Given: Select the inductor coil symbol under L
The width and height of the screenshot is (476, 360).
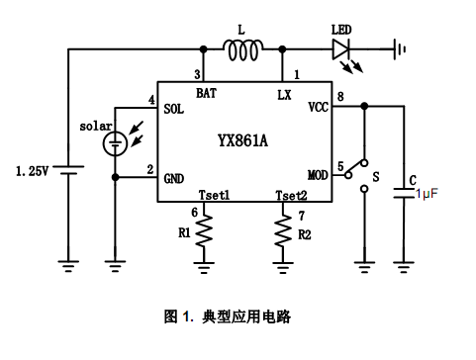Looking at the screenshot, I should click(243, 49).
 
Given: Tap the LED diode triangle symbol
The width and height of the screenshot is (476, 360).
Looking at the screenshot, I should click(342, 47).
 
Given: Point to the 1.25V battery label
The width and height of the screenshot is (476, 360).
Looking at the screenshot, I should click(34, 171).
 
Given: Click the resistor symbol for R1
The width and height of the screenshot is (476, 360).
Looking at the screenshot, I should click(205, 232).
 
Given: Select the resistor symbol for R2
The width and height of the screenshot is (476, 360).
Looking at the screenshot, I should click(283, 232).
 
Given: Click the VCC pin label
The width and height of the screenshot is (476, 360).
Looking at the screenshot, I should click(318, 105).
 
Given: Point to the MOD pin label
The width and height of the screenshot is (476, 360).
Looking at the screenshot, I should click(318, 175).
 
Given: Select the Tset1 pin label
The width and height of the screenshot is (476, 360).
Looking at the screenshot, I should click(214, 195).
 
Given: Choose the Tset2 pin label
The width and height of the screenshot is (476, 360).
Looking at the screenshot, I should click(290, 195).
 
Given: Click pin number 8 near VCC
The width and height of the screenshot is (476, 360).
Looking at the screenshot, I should click(341, 97).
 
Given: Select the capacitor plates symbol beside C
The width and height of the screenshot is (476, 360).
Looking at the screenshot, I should click(404, 195).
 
